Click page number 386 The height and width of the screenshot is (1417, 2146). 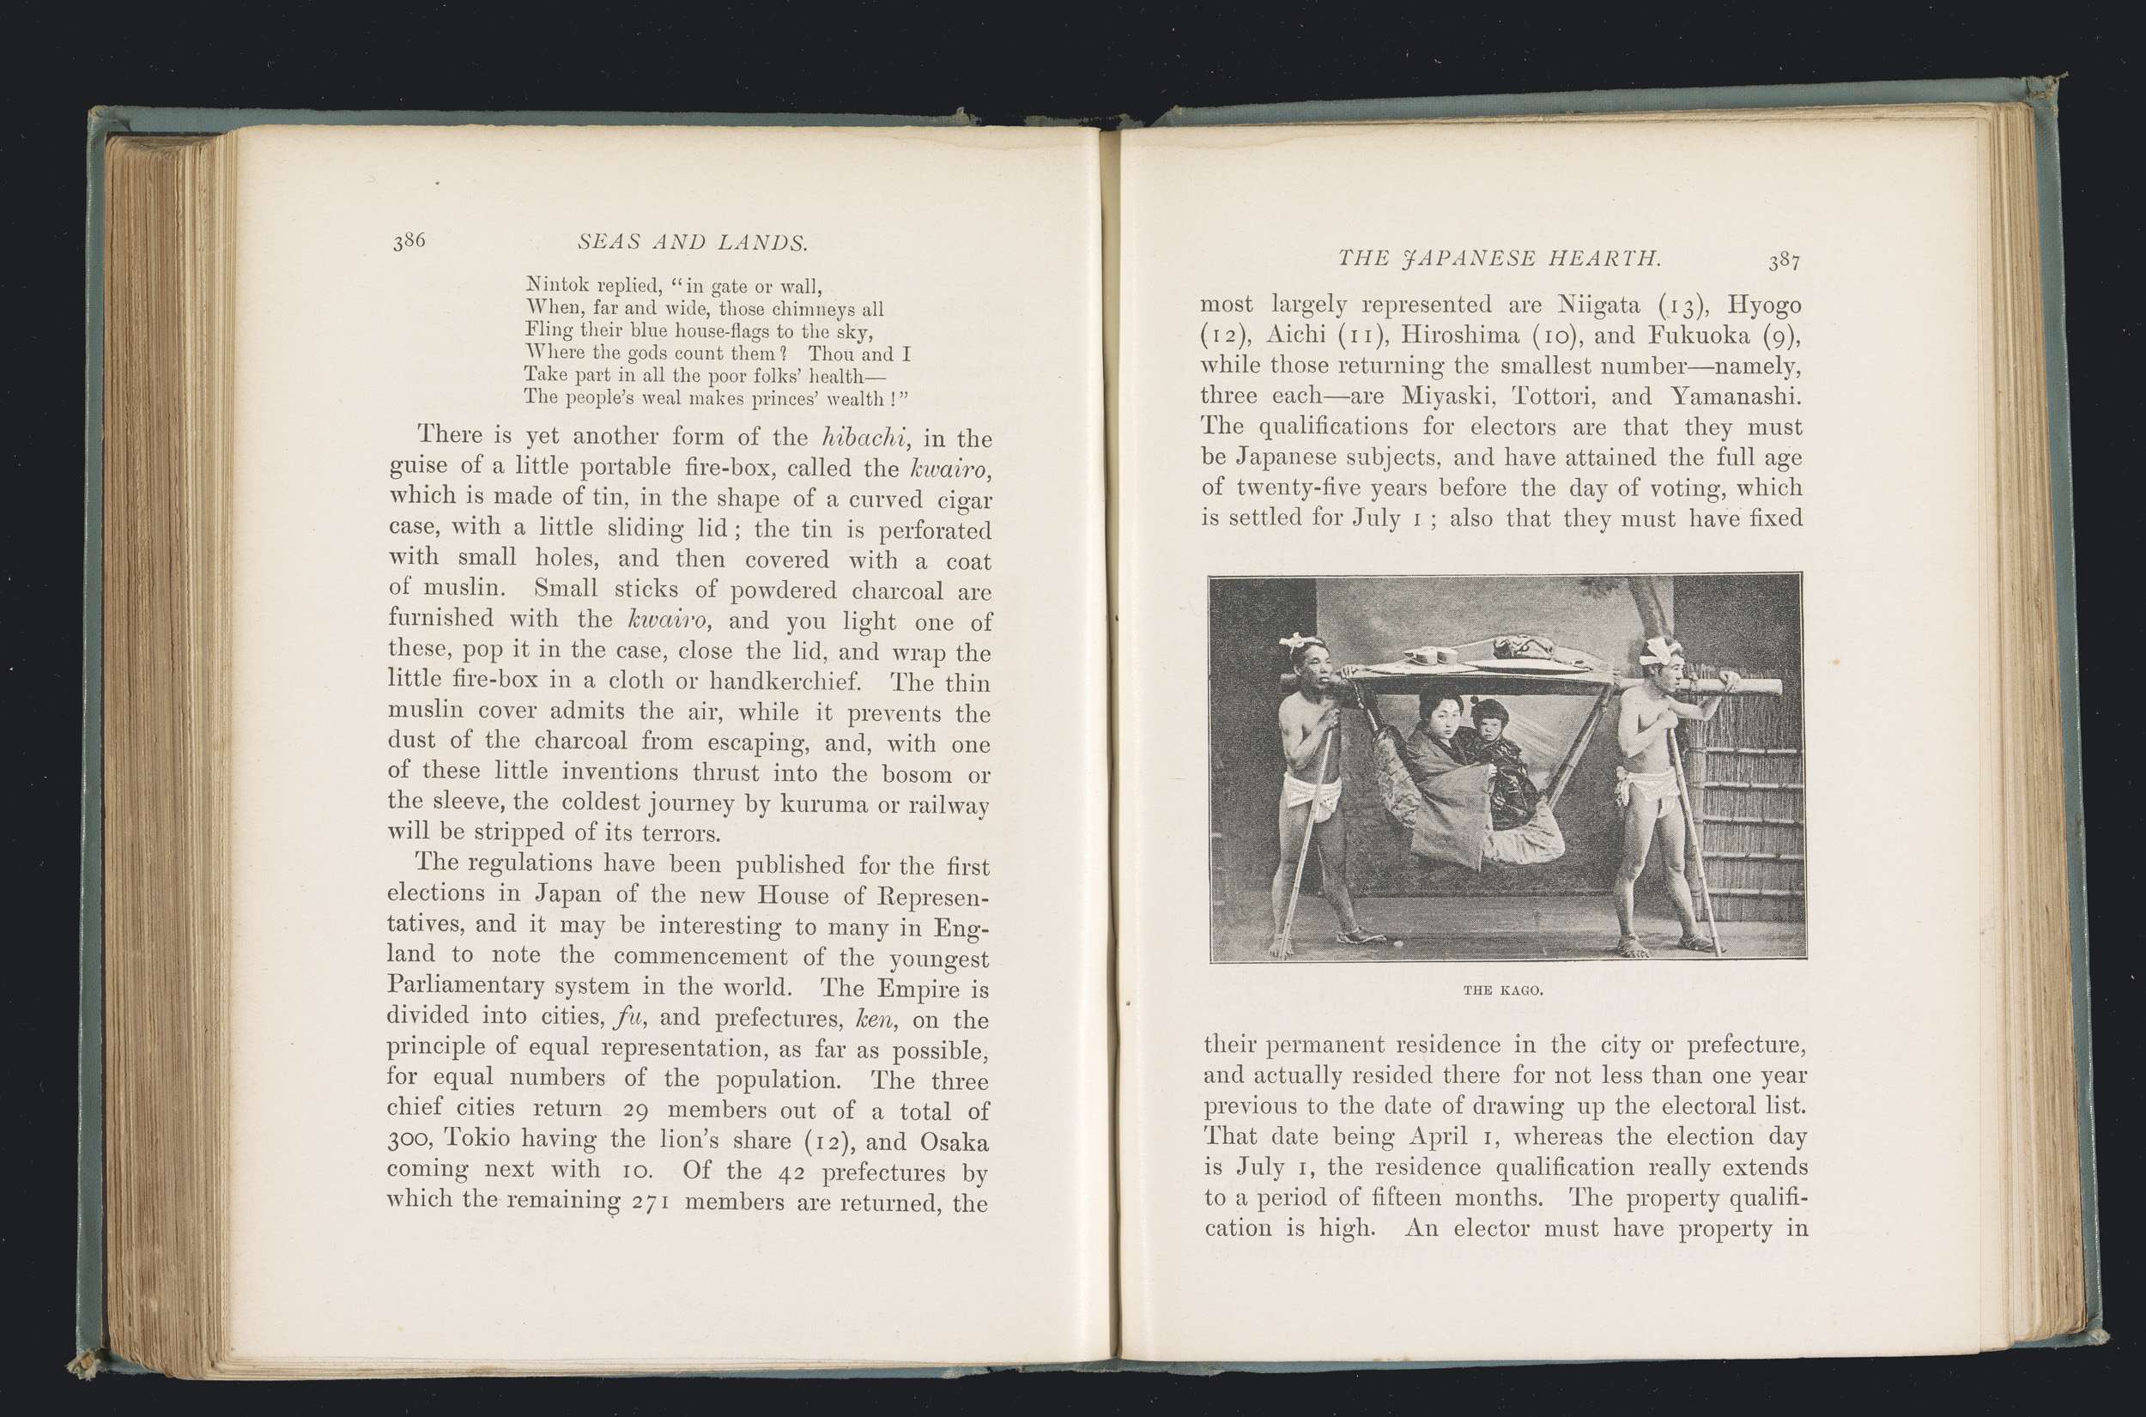click(409, 240)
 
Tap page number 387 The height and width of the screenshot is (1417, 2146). click(1785, 261)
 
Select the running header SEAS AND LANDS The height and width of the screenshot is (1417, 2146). click(692, 242)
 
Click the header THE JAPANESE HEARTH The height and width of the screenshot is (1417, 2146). click(1499, 258)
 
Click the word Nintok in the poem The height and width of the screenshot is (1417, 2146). click(555, 286)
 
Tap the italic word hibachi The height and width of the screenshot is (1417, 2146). click(865, 439)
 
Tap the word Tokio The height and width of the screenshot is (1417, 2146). click(479, 1141)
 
